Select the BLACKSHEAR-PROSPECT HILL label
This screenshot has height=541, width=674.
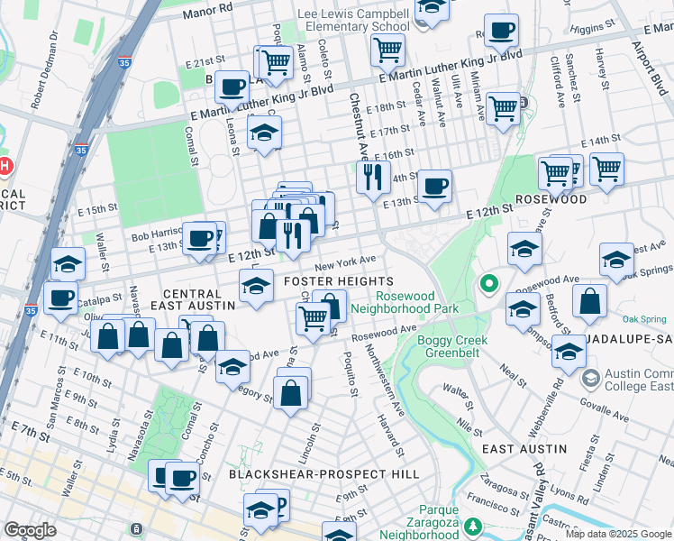coord(323,473)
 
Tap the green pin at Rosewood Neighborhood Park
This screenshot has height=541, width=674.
coord(489,285)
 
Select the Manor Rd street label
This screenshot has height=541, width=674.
coord(207,10)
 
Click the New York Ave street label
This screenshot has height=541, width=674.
coord(344,262)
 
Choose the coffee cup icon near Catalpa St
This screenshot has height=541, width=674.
coord(61,297)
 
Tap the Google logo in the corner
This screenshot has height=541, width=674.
coord(31,530)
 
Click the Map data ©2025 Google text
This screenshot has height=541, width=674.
coord(618,534)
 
